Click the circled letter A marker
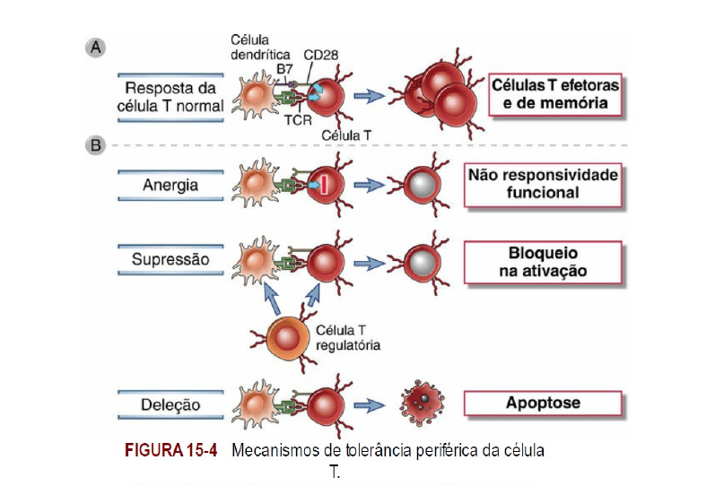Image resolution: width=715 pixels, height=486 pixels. click(93, 46)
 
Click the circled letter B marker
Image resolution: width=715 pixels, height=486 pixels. click(93, 144)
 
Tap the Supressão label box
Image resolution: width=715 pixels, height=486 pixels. click(170, 259)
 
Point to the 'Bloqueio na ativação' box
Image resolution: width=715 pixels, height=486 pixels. click(542, 261)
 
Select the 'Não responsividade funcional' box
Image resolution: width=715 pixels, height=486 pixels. click(542, 183)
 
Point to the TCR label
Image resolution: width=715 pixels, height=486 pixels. click(292, 118)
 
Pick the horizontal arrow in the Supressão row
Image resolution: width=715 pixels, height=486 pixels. click(367, 263)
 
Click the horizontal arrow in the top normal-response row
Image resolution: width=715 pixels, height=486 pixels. click(367, 94)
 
